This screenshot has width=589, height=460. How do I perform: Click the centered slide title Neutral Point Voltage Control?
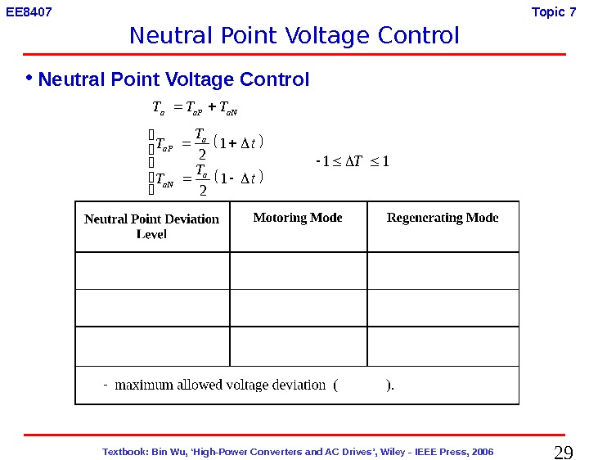294,36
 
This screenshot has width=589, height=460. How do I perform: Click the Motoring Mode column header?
298,218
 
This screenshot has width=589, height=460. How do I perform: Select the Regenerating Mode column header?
443,218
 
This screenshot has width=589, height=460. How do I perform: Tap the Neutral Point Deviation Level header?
152,226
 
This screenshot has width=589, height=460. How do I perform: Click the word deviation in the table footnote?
299,385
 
